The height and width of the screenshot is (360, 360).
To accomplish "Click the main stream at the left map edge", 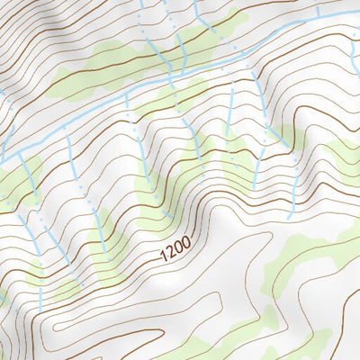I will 3,159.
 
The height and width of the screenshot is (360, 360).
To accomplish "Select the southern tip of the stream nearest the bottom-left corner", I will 40,310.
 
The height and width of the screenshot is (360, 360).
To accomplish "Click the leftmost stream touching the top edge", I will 142,4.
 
